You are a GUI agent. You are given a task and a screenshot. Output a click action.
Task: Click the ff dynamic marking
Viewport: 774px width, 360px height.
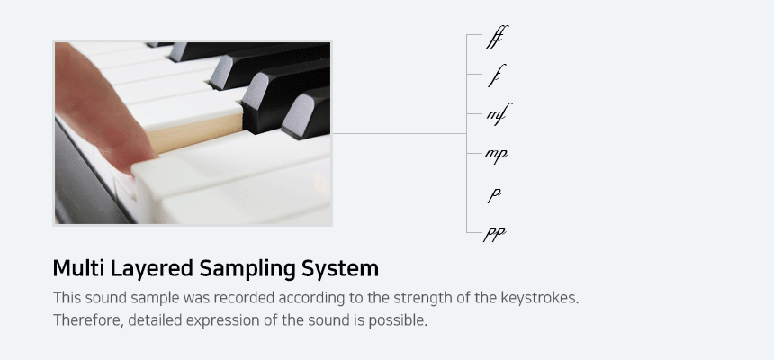tap(497, 37)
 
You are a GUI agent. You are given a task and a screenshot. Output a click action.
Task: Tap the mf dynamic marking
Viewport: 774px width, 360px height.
tap(499, 114)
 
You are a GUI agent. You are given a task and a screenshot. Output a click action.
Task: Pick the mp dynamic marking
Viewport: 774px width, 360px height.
tap(496, 155)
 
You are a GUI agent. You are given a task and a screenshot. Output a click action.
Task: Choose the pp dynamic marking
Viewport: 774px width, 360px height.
tap(495, 233)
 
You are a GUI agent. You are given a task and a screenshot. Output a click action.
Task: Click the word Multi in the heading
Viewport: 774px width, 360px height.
tap(79, 268)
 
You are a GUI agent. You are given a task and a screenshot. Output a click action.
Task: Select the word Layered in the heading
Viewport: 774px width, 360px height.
tap(152, 269)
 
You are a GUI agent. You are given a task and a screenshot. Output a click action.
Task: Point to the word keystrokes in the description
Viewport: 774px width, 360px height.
tap(539, 298)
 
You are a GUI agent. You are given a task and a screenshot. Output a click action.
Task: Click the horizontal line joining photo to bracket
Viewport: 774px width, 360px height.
tap(400, 133)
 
